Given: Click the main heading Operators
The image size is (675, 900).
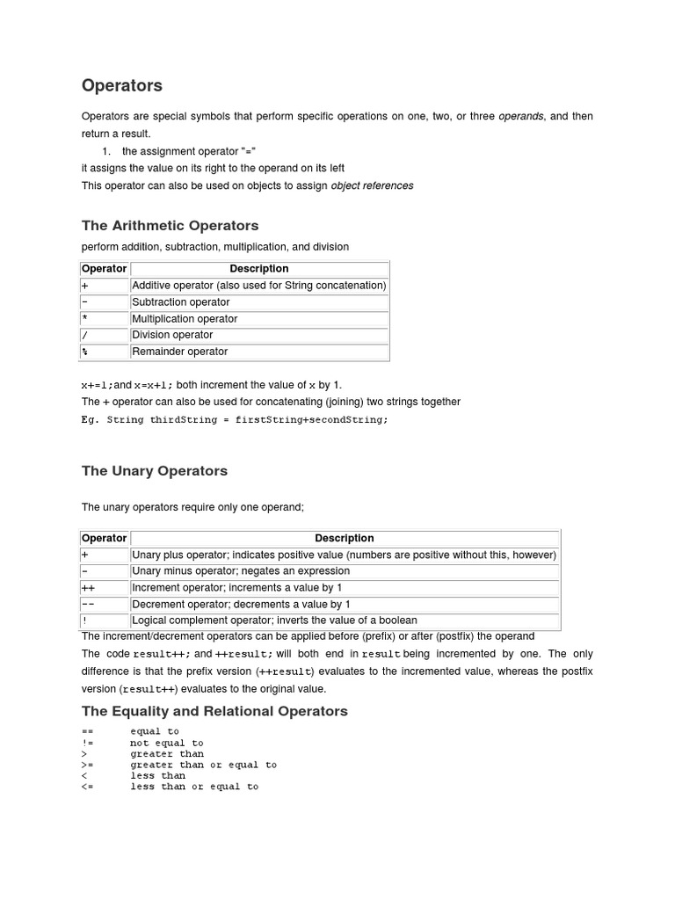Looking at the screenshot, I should pyautogui.click(x=122, y=86).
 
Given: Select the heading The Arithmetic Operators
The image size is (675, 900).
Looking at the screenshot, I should pyautogui.click(x=170, y=226).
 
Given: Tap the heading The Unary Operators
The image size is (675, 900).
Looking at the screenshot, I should pyautogui.click(x=155, y=471).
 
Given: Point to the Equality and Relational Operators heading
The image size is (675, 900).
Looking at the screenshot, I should pyautogui.click(x=214, y=711).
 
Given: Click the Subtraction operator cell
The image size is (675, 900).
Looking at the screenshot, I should pyautogui.click(x=180, y=302).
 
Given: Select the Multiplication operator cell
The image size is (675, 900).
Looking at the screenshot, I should pyautogui.click(x=185, y=319).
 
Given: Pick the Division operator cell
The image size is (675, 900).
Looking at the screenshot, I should pyautogui.click(x=172, y=335).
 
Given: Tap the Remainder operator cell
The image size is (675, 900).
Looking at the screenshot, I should pyautogui.click(x=179, y=352).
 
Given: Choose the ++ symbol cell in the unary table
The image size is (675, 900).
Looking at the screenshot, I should pyautogui.click(x=88, y=588).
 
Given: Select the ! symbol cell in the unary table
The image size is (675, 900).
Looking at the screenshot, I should pyautogui.click(x=84, y=621).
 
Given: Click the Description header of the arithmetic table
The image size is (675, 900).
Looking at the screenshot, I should pyautogui.click(x=259, y=269).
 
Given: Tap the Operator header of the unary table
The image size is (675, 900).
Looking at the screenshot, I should pyautogui.click(x=104, y=538).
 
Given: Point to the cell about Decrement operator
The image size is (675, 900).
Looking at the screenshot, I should pyautogui.click(x=241, y=605).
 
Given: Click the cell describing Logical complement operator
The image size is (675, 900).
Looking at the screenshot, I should pyautogui.click(x=274, y=621).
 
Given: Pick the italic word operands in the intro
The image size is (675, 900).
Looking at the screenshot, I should pyautogui.click(x=521, y=116).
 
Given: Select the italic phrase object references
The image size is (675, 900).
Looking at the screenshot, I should pyautogui.click(x=372, y=185).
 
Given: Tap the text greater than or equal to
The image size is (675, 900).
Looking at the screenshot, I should pyautogui.click(x=203, y=765).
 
